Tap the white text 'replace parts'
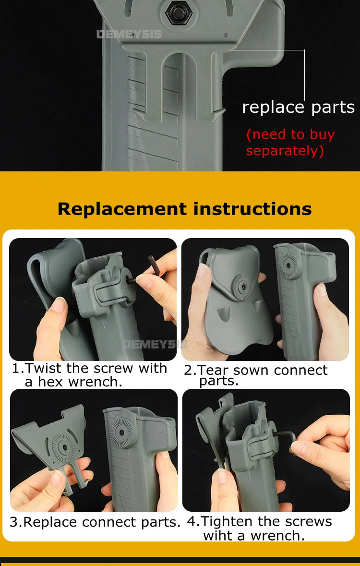(x=298, y=107)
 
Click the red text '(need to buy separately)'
(x=291, y=142)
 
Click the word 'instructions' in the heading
(x=252, y=209)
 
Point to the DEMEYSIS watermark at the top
(x=129, y=34)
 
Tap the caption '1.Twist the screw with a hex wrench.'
(x=90, y=375)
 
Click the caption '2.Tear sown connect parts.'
(x=256, y=374)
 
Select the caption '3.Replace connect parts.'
(x=95, y=522)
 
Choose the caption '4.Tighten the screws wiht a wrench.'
(x=259, y=528)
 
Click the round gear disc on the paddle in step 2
(x=241, y=287)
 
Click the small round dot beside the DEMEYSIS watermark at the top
(x=225, y=36)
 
